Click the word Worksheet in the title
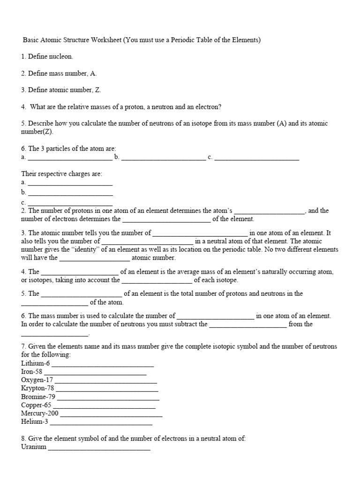[106, 40]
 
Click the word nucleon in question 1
[61, 56]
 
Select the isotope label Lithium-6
[35, 363]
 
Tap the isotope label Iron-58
[31, 372]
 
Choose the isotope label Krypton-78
[38, 389]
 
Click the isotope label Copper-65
[37, 405]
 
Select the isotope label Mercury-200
[40, 413]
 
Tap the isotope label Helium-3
[35, 422]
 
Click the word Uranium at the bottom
[34, 447]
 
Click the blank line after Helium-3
[101, 423]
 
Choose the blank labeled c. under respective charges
[70, 204]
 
